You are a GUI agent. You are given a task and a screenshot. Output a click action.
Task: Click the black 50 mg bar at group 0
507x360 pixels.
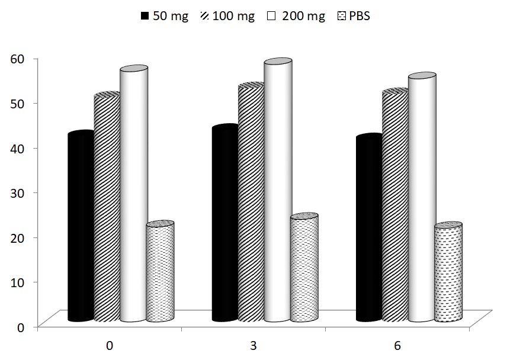pos(81,228)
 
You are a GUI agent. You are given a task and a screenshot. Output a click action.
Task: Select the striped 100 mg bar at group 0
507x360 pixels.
pos(107,207)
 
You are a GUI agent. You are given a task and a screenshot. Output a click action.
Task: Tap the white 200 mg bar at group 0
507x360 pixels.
pos(133,195)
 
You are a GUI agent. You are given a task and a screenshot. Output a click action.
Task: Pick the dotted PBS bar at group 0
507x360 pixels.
pos(159,272)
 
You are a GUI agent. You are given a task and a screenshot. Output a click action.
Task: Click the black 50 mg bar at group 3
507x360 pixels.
pos(224,225)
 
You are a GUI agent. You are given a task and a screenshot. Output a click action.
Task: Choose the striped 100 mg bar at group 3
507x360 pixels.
pos(251,204)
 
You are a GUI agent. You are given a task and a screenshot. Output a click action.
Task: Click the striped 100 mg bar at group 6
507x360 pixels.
pos(394,207)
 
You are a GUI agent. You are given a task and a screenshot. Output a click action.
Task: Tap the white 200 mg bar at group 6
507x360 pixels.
pos(421,199)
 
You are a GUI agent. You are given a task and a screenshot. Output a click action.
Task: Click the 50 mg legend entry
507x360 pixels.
pos(166,17)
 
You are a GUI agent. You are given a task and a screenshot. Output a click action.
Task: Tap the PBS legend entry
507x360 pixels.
pos(355,17)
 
